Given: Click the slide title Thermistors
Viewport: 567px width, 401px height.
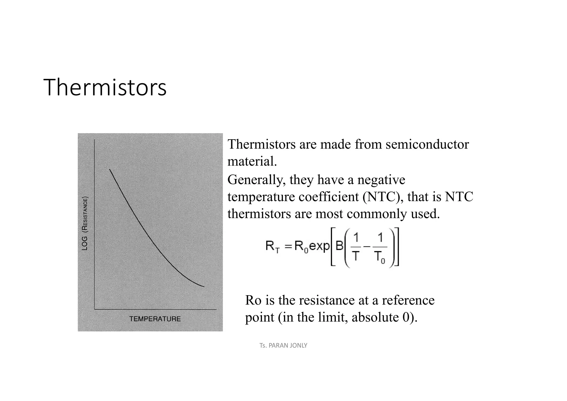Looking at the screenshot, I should tap(105, 88).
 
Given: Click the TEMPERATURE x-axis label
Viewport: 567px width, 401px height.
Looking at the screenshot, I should tap(155, 319).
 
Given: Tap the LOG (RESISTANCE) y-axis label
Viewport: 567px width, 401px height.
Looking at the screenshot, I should tap(85, 223).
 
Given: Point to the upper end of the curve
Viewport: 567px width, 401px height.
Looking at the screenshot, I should tap(110, 169).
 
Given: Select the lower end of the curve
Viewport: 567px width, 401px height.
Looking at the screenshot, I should tap(204, 287).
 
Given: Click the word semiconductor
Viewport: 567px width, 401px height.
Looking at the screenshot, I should tap(427, 145).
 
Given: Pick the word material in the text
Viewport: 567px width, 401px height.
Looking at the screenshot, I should tap(252, 161).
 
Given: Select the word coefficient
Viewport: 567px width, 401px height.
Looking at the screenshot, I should tap(329, 197).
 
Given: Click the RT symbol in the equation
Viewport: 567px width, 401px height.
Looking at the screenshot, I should tap(272, 246).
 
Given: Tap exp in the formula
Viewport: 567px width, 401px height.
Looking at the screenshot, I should tap(319, 246).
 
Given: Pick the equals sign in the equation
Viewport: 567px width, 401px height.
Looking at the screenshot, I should tap(288, 246).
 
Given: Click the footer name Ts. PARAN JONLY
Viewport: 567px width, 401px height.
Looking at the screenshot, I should tap(283, 346).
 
